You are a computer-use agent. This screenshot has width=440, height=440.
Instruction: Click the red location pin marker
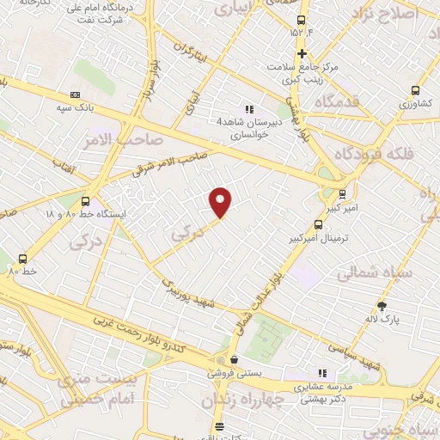pos(221,202)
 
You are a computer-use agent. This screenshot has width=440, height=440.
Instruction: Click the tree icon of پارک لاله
pos(382,305)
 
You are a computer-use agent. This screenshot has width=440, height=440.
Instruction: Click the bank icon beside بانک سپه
pos(75,95)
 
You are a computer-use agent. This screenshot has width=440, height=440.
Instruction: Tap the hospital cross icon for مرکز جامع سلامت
pos(302,53)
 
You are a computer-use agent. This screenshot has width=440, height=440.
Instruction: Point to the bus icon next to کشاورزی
pos(416,89)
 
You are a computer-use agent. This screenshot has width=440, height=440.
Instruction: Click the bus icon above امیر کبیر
pos(343,193)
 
